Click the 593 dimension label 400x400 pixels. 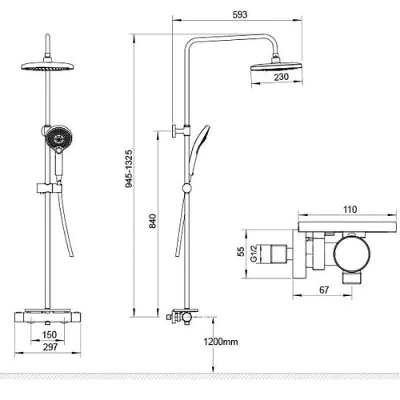tap(240, 14)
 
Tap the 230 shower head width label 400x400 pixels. tap(282, 77)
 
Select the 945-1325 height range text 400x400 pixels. tap(129, 169)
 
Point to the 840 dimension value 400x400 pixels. tap(153, 221)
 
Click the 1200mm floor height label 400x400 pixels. tap(221, 342)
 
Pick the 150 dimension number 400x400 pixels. tap(50, 334)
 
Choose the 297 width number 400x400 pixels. tap(50, 347)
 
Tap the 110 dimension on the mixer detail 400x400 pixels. tap(350, 210)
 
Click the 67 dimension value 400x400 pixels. tap(324, 290)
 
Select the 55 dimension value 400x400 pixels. tap(241, 251)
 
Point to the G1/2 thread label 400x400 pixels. tap(254, 254)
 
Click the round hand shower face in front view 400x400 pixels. tap(58, 138)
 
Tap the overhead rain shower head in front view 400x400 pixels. tap(47, 66)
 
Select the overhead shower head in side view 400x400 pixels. tap(277, 66)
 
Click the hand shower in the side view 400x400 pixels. tap(198, 151)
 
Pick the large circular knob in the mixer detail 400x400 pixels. tap(352, 254)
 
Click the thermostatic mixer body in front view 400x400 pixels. tap(47, 317)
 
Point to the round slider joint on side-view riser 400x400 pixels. tap(187, 188)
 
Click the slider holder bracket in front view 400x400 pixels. tap(49, 188)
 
